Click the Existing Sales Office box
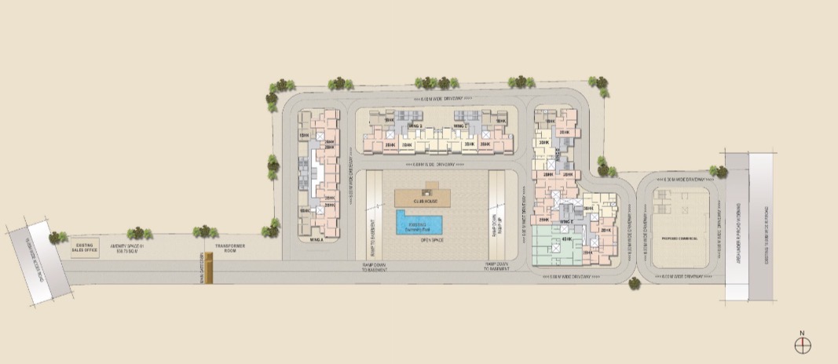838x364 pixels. point(84,249)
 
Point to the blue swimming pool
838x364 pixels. point(417,224)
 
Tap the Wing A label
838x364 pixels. point(317,240)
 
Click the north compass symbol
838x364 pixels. point(802,344)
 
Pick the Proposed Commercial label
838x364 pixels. point(680,236)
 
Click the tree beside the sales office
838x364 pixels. point(58,235)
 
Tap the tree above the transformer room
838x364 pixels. point(204,233)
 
